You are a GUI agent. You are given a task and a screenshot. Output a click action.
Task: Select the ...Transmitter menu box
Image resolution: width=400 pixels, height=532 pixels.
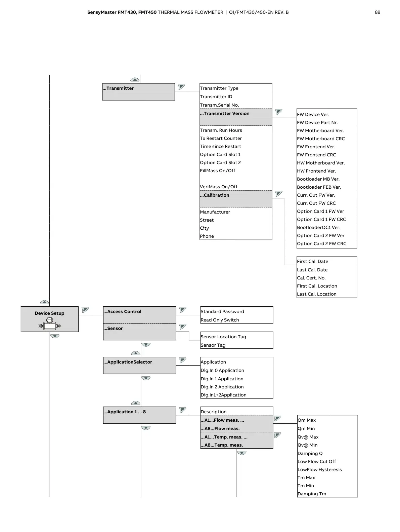[138, 92]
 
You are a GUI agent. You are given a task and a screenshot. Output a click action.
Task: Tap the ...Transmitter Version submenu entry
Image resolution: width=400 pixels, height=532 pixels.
[235, 117]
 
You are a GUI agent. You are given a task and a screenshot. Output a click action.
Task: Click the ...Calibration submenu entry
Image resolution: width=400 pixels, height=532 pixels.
[235, 199]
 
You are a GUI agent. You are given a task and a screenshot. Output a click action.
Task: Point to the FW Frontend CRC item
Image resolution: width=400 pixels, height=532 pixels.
[316, 155]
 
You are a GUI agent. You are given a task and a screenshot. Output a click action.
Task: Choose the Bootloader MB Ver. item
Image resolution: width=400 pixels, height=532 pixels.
[318, 179]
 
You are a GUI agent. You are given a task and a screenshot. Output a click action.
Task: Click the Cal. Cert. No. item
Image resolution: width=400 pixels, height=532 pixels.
[311, 278]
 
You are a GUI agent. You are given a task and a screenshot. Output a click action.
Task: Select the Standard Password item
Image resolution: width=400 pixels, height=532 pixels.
[222, 312]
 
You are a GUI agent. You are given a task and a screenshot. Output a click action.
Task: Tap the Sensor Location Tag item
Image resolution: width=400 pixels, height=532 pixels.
[223, 337]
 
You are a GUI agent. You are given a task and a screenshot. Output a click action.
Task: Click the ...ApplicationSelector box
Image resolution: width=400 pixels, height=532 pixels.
[139, 365]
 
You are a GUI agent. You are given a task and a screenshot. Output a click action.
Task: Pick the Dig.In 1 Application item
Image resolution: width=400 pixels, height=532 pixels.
[222, 379]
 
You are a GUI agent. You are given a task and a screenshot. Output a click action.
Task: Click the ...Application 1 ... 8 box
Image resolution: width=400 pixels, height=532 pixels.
[139, 415]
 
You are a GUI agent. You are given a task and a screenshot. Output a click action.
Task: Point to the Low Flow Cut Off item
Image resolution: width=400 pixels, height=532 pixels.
[317, 462]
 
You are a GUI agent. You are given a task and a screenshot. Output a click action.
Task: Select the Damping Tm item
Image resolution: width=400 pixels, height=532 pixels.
[312, 494]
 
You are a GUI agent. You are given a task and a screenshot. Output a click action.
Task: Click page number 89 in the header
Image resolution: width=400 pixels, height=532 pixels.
[377, 12]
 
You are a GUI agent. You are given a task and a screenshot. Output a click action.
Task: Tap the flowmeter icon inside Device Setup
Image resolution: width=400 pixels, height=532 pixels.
[50, 324]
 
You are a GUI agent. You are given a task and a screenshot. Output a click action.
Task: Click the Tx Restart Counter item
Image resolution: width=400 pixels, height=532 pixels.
[221, 139]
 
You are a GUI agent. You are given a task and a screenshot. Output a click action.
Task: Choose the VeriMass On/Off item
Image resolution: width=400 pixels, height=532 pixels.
[219, 187]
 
